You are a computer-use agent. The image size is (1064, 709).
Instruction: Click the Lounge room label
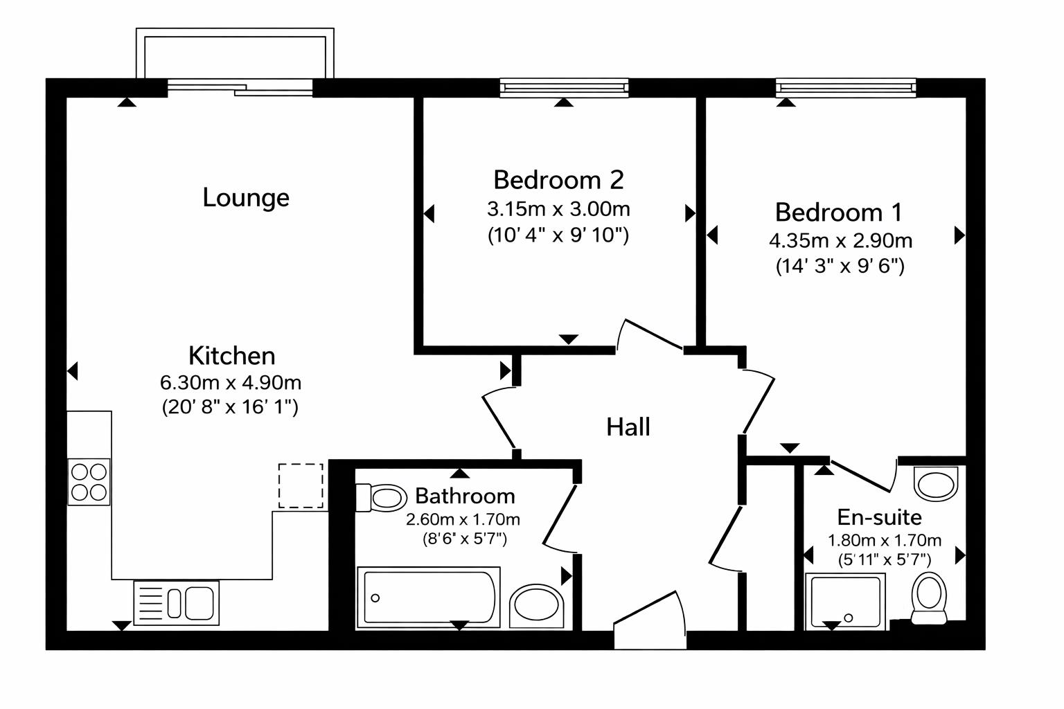tap(246, 198)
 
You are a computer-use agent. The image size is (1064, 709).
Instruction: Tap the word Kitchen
tap(231, 356)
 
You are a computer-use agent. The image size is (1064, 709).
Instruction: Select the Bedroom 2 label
tap(558, 180)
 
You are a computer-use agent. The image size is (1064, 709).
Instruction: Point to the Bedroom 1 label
tap(839, 212)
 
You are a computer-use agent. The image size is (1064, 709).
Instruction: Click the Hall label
tap(628, 427)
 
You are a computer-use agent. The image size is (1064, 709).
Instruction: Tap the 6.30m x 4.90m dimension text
tap(231, 382)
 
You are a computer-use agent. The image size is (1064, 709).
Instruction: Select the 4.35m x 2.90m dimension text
tap(840, 241)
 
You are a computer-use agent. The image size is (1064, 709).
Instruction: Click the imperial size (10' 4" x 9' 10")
tap(558, 235)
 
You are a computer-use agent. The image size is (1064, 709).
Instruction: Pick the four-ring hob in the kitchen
tap(89, 482)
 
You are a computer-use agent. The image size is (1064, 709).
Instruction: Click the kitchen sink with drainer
tap(176, 602)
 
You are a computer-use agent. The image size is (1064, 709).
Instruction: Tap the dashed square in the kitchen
tap(301, 485)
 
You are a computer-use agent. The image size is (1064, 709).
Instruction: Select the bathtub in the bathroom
tap(428, 598)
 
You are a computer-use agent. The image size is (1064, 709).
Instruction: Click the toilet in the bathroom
tap(382, 497)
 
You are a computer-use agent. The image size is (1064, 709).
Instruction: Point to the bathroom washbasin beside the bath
tap(538, 606)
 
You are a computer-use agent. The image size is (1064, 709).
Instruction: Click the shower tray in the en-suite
tap(845, 601)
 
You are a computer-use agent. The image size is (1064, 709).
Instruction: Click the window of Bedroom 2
tap(564, 88)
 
